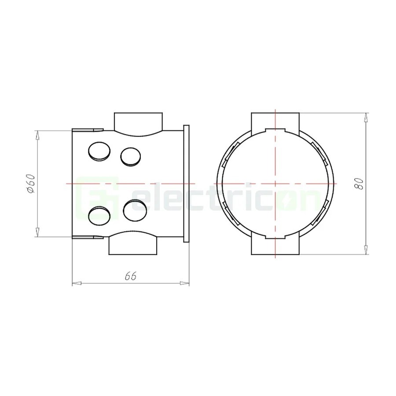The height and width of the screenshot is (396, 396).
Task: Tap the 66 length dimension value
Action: tap(131, 276)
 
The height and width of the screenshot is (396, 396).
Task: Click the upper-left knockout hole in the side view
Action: tap(99, 151)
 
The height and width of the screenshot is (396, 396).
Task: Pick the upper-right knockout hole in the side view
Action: tap(131, 157)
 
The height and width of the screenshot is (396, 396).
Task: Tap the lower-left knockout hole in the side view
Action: tap(99, 216)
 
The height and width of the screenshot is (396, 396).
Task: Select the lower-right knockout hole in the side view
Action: tap(135, 210)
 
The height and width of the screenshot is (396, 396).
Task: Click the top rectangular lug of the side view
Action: tap(139, 122)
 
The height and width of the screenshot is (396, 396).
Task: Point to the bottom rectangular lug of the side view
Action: tap(133, 245)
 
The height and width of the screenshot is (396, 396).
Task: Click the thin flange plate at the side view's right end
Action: tap(186, 183)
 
